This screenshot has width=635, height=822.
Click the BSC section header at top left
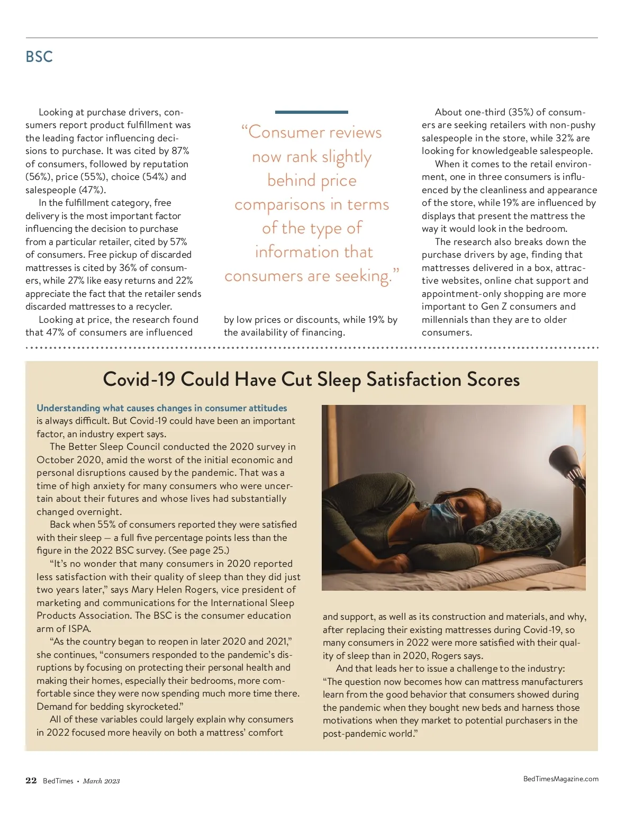39,57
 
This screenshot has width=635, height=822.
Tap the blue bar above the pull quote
311,112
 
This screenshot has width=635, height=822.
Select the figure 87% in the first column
180,151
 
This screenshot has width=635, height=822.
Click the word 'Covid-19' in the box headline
139,380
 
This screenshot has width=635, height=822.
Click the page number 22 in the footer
31,781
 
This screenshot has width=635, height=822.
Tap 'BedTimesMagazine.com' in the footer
560,779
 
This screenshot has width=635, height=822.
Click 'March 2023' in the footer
101,781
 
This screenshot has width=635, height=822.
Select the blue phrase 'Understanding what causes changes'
119,408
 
